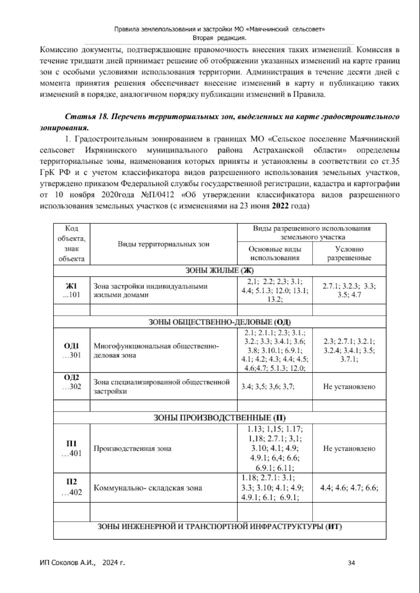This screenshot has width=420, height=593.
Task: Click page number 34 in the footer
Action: click(352, 563)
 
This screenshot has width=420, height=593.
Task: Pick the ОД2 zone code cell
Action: click(71, 382)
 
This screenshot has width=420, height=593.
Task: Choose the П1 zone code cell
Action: click(71, 449)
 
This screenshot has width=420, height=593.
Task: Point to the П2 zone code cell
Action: click(71, 487)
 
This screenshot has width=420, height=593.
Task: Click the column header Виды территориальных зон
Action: click(163, 244)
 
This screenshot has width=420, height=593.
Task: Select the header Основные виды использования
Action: click(275, 253)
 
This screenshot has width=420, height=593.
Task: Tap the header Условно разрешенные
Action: click(349, 253)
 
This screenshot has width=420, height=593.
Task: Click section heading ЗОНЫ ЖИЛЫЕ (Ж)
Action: click(219, 270)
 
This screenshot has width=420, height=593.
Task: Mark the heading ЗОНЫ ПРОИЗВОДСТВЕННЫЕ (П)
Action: click(219, 418)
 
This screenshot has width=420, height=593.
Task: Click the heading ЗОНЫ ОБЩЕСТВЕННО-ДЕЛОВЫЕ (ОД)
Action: click(219, 322)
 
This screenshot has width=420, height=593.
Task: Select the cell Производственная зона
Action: click(133, 449)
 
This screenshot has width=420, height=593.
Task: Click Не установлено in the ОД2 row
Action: click(349, 386)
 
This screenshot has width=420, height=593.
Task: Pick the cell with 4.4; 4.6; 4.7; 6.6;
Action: click(349, 488)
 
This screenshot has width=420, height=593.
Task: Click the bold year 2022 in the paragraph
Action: click(280, 206)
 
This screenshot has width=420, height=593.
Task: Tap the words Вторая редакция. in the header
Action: click(219, 38)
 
